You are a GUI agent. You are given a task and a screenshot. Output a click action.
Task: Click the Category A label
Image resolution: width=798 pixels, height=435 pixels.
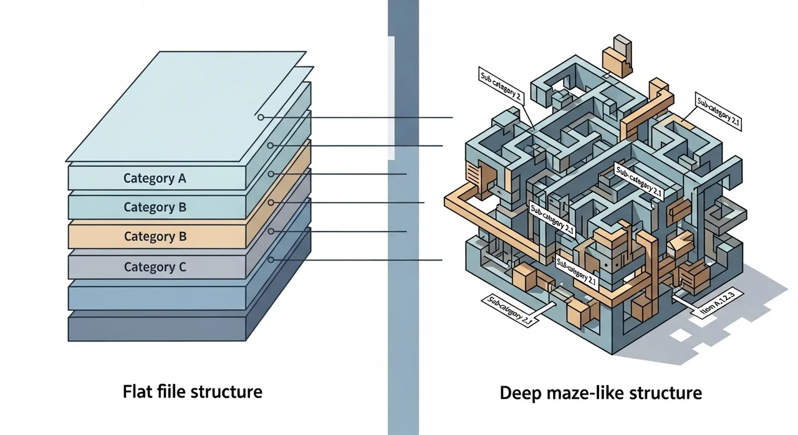[155, 178]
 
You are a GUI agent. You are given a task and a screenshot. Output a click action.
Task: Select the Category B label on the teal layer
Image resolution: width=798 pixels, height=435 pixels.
[155, 207]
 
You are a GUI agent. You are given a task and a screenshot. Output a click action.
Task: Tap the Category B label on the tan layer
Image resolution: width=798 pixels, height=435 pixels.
[155, 236]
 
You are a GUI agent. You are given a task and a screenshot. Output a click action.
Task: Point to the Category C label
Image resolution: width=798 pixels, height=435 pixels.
[155, 267]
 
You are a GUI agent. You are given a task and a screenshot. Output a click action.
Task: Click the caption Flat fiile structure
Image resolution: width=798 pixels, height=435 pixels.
[192, 392]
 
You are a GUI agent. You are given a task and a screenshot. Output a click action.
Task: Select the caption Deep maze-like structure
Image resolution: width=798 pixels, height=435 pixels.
[600, 393]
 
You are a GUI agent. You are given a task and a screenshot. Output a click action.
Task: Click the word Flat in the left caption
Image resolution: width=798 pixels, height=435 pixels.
[136, 392]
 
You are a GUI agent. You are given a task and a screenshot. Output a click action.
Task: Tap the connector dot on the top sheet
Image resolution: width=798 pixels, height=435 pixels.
[261, 117]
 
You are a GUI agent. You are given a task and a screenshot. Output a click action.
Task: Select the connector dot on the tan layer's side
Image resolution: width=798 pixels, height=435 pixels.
[271, 203]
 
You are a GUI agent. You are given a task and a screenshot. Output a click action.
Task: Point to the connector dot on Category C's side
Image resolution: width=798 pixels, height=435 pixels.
[271, 259]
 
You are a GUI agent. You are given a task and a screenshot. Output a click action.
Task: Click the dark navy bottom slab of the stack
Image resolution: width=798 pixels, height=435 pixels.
[156, 328]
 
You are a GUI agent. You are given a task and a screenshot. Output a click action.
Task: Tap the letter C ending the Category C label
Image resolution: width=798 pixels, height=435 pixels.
[182, 267]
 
